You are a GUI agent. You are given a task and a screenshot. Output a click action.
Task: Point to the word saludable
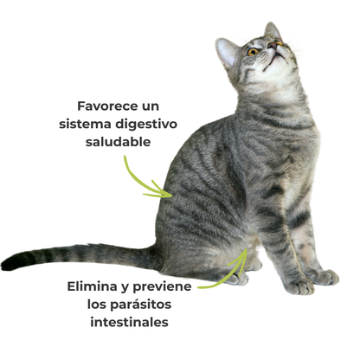(119, 142)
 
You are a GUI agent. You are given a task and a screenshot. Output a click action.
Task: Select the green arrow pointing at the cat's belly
(223, 273)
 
